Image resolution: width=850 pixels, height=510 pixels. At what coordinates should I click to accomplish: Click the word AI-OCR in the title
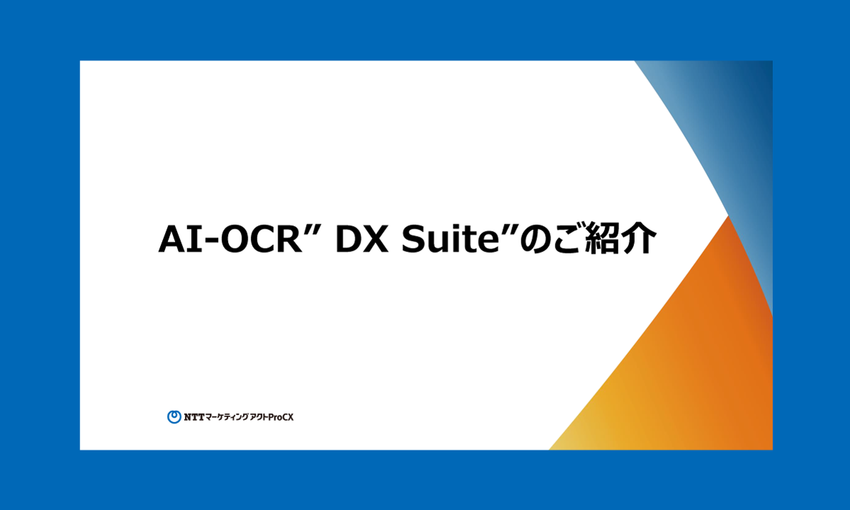[230, 239]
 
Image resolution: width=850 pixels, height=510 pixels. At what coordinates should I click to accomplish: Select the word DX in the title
[362, 239]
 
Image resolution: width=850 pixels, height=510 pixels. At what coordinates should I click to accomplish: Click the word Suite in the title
[450, 239]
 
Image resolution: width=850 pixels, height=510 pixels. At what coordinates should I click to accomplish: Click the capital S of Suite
[413, 239]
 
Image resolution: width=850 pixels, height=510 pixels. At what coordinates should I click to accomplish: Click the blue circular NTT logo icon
[174, 416]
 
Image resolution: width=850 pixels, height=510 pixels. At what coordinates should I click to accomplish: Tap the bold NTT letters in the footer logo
[194, 417]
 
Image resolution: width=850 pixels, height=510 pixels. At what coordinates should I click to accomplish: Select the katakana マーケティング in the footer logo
[227, 417]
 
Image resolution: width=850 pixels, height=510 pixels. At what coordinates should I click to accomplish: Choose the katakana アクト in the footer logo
[259, 417]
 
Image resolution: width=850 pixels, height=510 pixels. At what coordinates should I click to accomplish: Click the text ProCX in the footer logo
[281, 417]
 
